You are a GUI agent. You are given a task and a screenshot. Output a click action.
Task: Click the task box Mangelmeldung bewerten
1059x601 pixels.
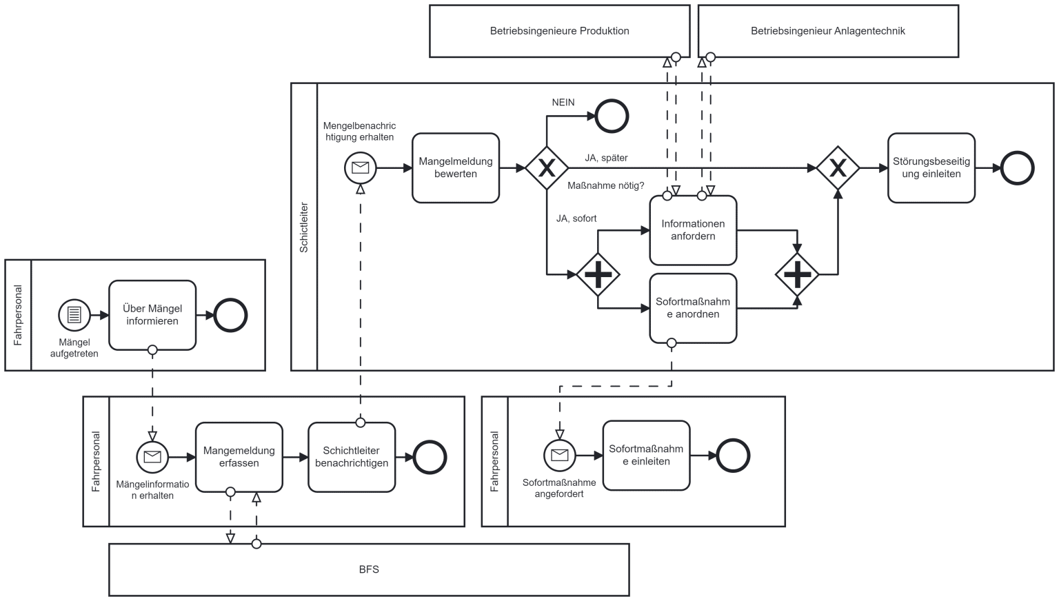click(x=456, y=168)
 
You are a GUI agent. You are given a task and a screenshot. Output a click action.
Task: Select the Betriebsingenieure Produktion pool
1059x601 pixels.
click(x=559, y=31)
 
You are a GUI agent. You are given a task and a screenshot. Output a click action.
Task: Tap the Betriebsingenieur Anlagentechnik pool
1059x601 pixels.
click(x=827, y=31)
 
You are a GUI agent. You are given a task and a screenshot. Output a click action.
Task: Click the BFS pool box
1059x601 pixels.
click(x=369, y=569)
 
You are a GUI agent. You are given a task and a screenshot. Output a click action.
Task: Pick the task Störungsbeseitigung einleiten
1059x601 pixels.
click(x=931, y=168)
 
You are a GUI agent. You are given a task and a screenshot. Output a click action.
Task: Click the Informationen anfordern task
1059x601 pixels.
click(x=693, y=230)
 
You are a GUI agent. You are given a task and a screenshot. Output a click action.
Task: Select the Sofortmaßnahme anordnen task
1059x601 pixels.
click(x=693, y=308)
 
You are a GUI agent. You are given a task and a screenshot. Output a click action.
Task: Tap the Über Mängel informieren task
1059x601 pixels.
click(x=152, y=315)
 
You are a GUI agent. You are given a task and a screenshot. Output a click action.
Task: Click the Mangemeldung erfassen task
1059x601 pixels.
click(x=239, y=457)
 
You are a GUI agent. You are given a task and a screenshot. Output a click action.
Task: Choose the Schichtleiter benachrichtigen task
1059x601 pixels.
click(x=352, y=457)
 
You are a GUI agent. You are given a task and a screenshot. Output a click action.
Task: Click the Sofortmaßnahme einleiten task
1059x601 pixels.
click(x=646, y=456)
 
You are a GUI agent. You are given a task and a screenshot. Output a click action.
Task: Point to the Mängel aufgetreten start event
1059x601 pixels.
click(x=74, y=315)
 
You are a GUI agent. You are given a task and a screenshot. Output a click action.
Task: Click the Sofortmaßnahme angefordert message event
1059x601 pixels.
click(x=560, y=456)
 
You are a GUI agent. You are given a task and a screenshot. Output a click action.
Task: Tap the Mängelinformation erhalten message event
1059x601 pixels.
click(x=152, y=457)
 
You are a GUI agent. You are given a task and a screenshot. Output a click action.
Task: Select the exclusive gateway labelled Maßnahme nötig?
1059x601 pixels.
click(x=547, y=167)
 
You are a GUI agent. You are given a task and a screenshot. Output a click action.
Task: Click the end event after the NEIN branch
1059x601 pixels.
click(x=612, y=116)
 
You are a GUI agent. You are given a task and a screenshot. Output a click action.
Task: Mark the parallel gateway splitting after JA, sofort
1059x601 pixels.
click(x=598, y=274)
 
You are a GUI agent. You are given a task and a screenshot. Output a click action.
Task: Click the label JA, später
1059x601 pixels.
click(x=606, y=158)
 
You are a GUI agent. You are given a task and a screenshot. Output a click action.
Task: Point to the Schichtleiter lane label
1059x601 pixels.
click(x=304, y=227)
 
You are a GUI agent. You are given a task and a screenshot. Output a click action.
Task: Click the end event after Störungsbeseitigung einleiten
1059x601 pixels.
click(x=1018, y=168)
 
